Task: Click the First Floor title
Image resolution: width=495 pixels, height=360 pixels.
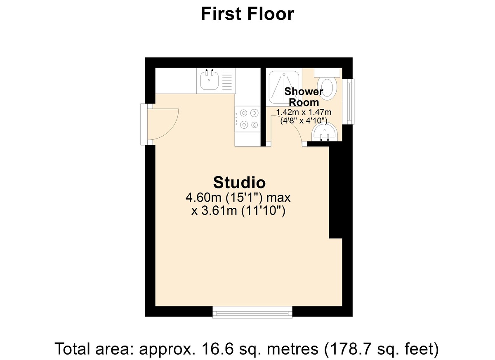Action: pyautogui.click(x=247, y=14)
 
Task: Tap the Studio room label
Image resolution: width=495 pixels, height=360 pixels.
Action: pyautogui.click(x=239, y=182)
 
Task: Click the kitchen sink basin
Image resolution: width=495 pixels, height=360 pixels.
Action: pyautogui.click(x=209, y=80)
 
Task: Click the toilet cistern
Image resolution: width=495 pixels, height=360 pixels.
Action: pyautogui.click(x=328, y=72)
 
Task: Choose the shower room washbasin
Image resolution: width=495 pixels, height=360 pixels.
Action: pyautogui.click(x=325, y=133)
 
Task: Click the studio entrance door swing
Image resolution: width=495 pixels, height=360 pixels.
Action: pyautogui.click(x=163, y=124)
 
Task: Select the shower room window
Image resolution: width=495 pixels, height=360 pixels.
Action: pyautogui.click(x=350, y=101)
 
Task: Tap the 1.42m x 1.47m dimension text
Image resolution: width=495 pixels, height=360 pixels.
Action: pyautogui.click(x=304, y=112)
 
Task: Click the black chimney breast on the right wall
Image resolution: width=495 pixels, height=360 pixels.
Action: pyautogui.click(x=336, y=192)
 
